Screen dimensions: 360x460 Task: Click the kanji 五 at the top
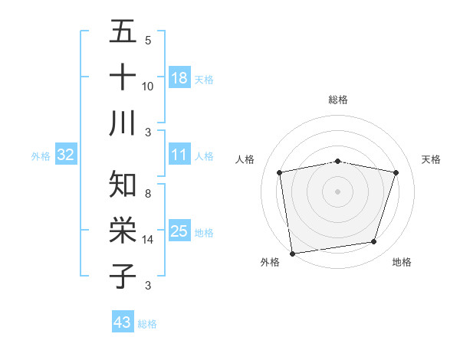123,34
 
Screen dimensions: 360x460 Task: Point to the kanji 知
123,185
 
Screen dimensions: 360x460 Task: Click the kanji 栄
123,230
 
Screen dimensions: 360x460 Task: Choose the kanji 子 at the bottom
123,275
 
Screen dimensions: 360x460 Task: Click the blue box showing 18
179,77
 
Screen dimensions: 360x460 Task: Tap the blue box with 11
179,155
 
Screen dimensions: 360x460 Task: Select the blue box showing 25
179,231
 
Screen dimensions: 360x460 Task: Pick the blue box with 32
66,155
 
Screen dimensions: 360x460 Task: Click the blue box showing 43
123,322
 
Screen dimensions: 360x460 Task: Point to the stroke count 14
148,240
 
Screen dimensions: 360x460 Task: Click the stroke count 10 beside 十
148,86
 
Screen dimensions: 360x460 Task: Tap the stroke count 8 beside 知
148,194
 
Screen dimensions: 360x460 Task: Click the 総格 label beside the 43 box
147,324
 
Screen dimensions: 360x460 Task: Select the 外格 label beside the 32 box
41,156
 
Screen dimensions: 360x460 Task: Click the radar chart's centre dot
337,191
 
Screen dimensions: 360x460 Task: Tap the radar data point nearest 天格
396,172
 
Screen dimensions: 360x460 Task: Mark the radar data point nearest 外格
291,253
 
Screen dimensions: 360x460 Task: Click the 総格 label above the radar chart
337,100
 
